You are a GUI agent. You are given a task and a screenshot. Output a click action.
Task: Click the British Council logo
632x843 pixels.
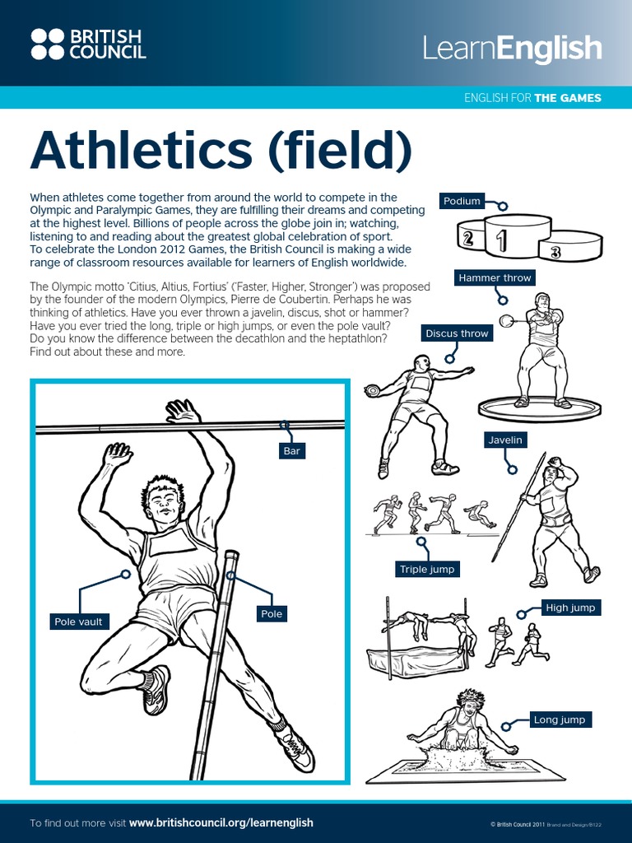(88, 44)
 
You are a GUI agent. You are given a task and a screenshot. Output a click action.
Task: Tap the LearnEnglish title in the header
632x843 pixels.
(512, 49)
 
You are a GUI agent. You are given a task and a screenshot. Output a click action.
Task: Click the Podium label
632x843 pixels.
(462, 201)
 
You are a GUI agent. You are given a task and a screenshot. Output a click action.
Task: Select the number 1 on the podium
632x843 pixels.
(500, 240)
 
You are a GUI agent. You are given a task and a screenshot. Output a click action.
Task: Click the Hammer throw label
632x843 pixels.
(495, 278)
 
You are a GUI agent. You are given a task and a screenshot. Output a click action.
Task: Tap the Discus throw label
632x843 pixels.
(457, 333)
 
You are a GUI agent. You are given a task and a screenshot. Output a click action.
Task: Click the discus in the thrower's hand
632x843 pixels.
(371, 390)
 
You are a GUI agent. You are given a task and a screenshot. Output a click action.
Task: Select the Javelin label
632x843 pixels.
(505, 440)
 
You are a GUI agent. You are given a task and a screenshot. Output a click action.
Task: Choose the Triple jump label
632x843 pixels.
(426, 569)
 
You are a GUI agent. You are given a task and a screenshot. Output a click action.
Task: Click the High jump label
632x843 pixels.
(570, 608)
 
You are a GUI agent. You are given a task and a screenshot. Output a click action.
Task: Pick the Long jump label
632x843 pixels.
(560, 720)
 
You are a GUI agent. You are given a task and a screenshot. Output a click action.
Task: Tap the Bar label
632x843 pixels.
(291, 451)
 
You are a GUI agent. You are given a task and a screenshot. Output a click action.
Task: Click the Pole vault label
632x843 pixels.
(78, 622)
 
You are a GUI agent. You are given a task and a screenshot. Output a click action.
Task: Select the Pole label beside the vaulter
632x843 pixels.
(271, 613)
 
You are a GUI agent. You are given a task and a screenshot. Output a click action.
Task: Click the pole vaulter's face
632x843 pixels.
(165, 503)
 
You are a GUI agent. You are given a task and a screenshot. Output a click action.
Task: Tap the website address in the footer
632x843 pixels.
(221, 822)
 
